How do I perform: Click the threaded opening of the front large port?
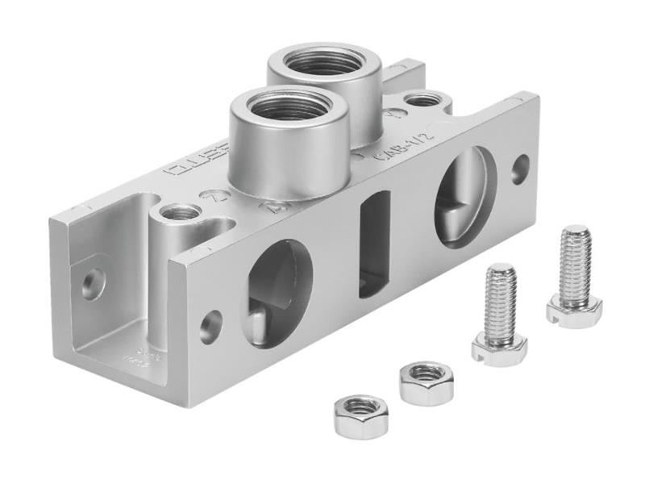[285, 106]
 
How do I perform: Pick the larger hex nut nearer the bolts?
[426, 382]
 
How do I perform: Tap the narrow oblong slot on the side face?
[374, 243]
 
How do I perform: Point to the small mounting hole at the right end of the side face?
[521, 168]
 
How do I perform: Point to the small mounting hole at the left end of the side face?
[211, 326]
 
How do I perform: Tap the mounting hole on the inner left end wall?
[94, 283]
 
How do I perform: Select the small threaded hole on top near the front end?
[181, 214]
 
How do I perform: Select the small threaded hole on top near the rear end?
[423, 101]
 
